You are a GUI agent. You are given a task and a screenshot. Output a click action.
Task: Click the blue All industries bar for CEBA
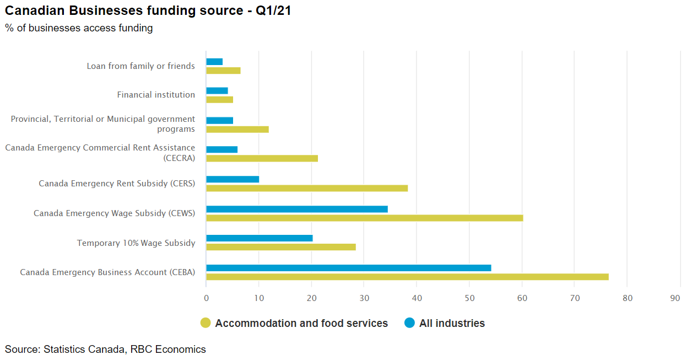click(348, 268)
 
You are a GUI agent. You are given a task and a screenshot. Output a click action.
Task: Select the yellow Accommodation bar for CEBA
click(407, 277)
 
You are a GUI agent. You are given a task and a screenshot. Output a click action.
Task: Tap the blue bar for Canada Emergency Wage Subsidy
click(296, 209)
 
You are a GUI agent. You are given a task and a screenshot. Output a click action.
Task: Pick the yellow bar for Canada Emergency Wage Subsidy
click(364, 218)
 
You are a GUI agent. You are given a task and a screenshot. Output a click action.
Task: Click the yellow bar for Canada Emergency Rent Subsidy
click(306, 188)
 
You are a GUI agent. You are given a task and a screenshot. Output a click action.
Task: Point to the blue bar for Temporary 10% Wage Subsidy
click(259, 238)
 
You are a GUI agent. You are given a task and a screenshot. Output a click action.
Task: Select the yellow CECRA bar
click(262, 159)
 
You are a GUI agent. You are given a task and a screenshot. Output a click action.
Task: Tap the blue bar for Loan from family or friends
click(214, 62)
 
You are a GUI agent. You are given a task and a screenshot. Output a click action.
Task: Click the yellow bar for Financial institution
click(219, 100)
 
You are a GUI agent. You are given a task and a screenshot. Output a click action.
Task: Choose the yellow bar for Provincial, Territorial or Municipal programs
click(237, 130)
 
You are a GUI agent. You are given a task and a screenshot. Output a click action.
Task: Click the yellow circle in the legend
click(206, 323)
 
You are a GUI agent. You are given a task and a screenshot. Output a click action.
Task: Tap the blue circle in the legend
click(409, 323)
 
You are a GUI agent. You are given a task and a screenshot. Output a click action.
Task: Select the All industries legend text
click(452, 324)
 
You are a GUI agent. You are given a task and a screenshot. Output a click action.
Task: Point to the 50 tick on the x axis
click(469, 298)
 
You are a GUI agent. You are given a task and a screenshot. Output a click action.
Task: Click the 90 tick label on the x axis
click(675, 298)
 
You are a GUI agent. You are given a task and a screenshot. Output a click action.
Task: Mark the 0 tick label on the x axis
click(206, 298)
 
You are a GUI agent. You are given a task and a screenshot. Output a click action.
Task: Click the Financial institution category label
click(156, 95)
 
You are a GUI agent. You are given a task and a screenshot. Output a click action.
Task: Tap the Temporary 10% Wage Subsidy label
click(136, 243)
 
